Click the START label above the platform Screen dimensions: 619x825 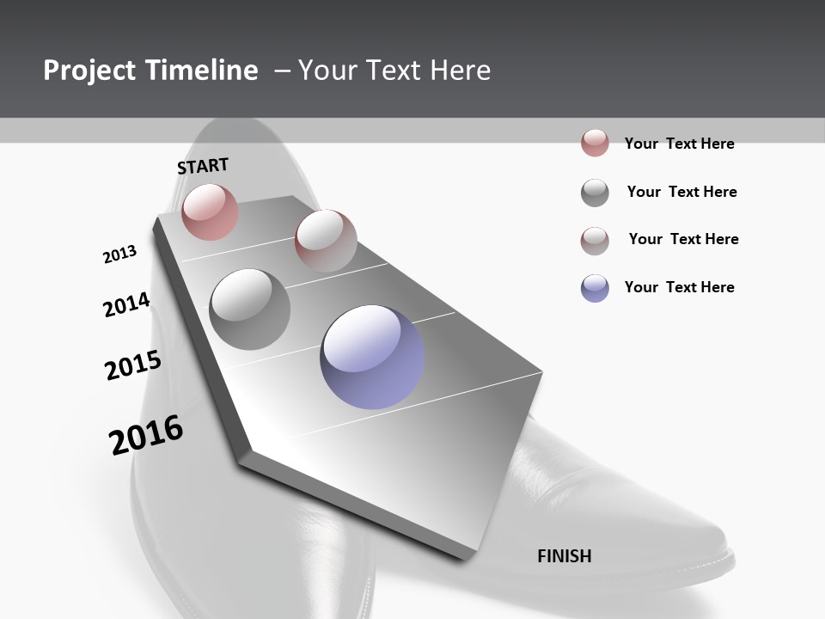pos(203,165)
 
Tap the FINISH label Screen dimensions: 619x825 pos(565,556)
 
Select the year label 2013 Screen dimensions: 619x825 pos(119,254)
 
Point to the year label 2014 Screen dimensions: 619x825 pos(126,305)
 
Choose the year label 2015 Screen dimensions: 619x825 pos(133,365)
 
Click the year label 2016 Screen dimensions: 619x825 pos(146,435)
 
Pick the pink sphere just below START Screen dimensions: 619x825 pos(210,211)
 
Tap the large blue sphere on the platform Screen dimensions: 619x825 pos(372,357)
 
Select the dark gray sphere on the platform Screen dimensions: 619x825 pos(250,309)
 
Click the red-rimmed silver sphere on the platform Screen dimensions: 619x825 pos(326,240)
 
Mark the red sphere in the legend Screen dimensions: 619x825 pos(595,143)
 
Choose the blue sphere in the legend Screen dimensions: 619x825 pos(595,288)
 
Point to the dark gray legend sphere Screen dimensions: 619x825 pos(595,193)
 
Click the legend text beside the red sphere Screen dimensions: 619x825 pos(679,144)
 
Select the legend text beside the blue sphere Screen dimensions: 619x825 pos(679,287)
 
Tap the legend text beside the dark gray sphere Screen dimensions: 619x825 pos(681,192)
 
